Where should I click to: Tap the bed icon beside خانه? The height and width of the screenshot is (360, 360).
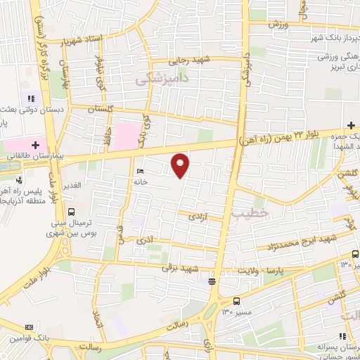click(139, 171)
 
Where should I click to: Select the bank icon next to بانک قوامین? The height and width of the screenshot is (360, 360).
click(29, 327)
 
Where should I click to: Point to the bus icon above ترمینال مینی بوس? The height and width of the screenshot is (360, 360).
click(70, 211)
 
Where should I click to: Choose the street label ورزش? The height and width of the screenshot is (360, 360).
click(278, 25)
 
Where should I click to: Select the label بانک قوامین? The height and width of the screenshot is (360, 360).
click(31, 338)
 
